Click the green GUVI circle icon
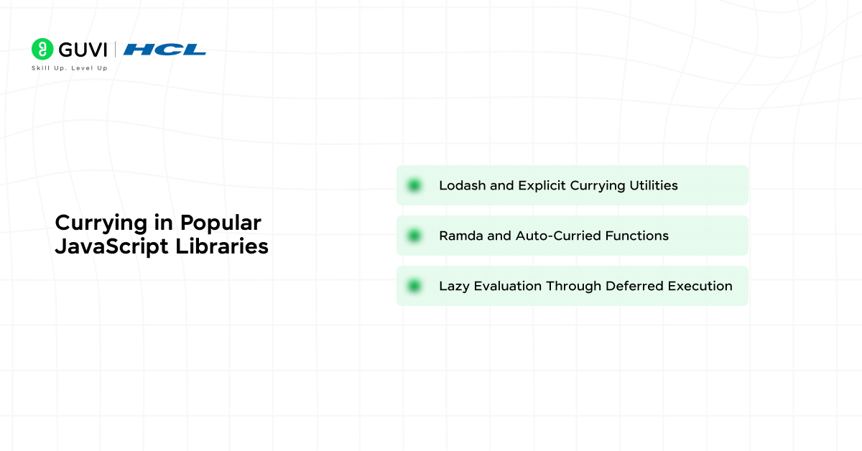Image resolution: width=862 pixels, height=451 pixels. click(x=42, y=49)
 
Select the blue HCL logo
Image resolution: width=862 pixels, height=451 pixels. click(x=164, y=50)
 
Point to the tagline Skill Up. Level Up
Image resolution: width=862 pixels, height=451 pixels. click(x=70, y=68)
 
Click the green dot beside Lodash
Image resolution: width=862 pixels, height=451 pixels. click(x=414, y=185)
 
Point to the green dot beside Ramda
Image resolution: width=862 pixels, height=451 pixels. click(x=414, y=236)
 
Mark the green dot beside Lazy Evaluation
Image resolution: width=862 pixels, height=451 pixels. click(x=414, y=286)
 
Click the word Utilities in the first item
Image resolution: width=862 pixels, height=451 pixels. click(x=652, y=185)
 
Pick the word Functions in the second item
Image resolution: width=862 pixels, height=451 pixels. click(x=636, y=236)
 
